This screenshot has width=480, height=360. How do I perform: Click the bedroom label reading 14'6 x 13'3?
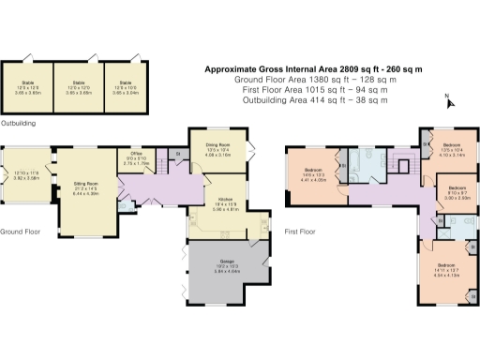coord(312,173)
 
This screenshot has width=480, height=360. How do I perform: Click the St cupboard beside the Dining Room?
coord(177,154)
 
